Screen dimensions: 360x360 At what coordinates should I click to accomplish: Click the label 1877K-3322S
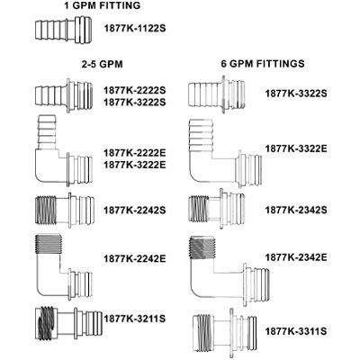297,93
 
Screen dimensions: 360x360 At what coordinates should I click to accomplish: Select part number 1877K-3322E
297,147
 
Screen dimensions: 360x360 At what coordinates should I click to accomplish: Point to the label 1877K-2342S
297,209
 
